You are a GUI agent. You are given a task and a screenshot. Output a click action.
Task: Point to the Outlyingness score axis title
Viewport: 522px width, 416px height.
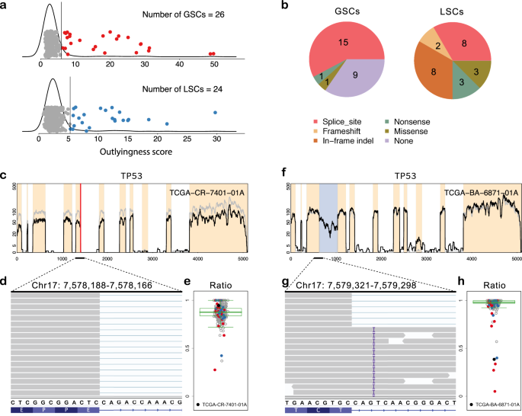click(x=130, y=152)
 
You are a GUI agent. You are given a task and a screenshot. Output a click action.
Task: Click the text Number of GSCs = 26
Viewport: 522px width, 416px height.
click(x=191, y=14)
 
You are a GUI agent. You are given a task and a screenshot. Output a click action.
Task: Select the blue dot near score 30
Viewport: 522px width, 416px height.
click(x=216, y=113)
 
